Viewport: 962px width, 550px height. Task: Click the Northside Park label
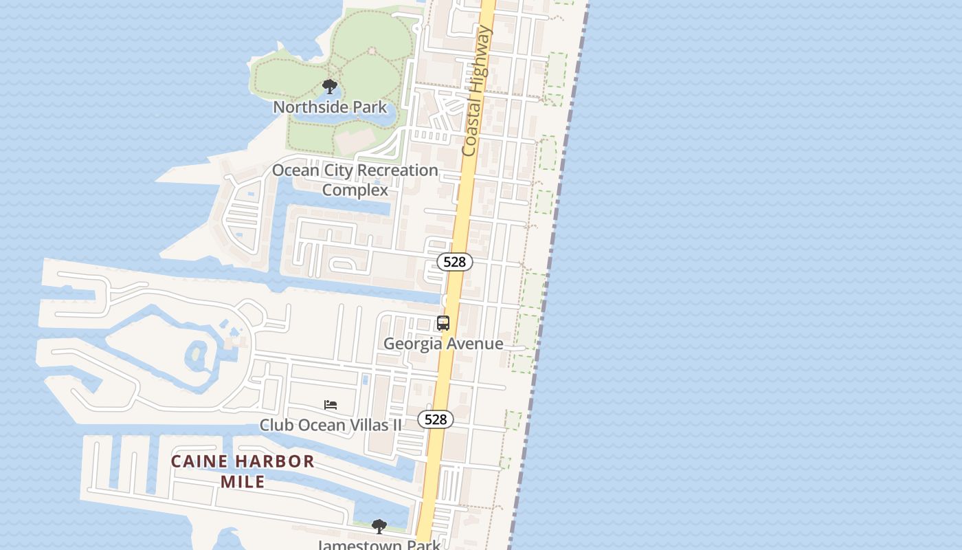(330, 107)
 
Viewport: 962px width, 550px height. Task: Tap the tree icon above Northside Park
(330, 87)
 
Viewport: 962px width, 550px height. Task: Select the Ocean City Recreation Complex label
(355, 179)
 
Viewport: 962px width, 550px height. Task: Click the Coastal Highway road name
(478, 91)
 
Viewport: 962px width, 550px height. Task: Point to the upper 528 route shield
(455, 262)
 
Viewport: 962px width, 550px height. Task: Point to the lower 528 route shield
(436, 419)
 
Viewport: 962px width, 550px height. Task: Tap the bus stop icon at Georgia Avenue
(443, 323)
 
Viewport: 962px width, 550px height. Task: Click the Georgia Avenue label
(443, 343)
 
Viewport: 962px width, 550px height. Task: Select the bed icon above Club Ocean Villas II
(331, 405)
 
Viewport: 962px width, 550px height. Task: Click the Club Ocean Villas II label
(331, 425)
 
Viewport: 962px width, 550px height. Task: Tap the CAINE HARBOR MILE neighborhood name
(243, 471)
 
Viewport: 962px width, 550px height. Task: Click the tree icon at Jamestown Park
(379, 527)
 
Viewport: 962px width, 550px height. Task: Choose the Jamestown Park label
(379, 545)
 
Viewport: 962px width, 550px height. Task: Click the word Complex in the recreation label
(355, 190)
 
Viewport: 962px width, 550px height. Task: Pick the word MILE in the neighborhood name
(243, 481)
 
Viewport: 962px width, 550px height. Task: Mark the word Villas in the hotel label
(368, 425)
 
